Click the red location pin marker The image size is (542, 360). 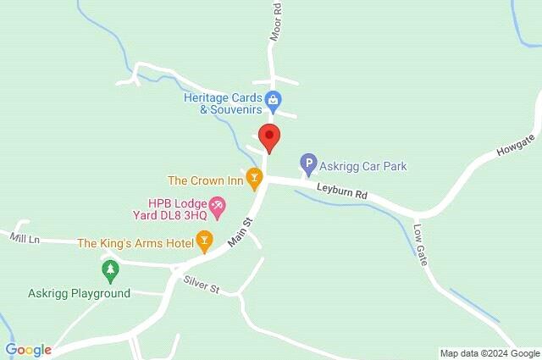[269, 136]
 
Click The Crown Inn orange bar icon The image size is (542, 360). [252, 180]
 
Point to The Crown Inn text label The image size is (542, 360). [205, 180]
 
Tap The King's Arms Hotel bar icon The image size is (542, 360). [204, 243]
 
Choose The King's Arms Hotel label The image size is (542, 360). [135, 243]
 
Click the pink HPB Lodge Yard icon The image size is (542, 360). [218, 205]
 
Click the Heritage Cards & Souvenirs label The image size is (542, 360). [222, 102]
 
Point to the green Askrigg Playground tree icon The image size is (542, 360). [109, 272]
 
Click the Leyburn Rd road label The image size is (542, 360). [342, 193]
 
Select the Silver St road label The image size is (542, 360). [202, 285]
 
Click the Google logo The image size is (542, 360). [29, 349]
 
